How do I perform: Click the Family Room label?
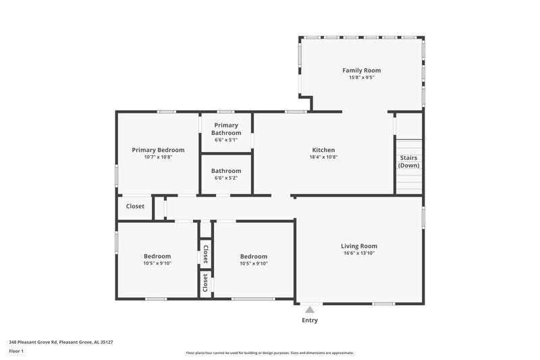[361, 70]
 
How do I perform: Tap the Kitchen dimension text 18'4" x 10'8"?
[323, 157]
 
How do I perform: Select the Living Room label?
[359, 246]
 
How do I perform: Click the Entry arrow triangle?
[310, 309]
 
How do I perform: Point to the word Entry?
[310, 320]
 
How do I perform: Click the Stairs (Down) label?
[408, 161]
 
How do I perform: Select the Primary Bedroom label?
[158, 150]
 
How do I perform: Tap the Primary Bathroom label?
[226, 129]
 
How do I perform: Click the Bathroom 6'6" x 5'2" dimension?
[226, 179]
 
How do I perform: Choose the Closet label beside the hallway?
[135, 206]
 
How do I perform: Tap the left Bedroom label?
[157, 256]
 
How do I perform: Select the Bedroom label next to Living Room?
[254, 256]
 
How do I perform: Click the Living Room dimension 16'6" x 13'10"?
[359, 253]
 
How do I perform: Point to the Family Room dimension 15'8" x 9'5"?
[361, 78]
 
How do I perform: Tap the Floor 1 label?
[16, 351]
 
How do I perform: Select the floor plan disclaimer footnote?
[269, 353]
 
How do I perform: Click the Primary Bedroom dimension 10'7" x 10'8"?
[158, 157]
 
